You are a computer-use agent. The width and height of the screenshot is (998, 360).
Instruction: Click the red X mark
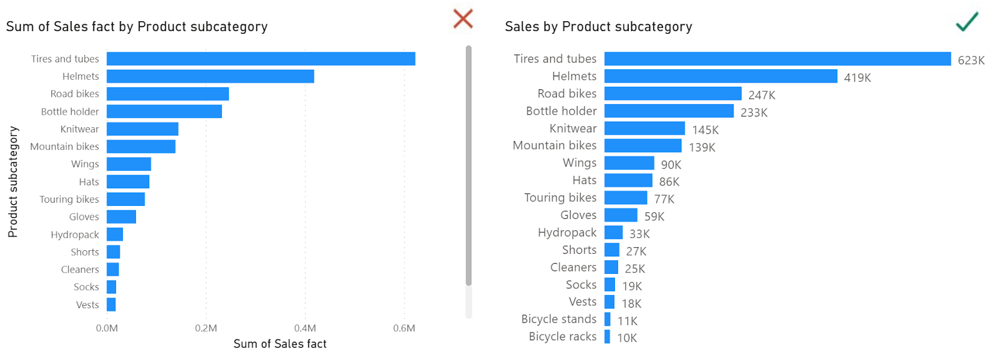[463, 19]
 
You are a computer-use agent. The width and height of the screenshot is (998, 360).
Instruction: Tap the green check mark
[967, 21]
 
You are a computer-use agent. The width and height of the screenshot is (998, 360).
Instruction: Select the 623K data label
[971, 61]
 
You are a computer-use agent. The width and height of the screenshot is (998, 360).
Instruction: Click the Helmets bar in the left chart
[210, 76]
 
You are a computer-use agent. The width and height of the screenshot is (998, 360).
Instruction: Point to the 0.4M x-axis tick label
[305, 328]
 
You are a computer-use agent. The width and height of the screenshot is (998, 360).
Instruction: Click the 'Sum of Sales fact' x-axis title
[279, 344]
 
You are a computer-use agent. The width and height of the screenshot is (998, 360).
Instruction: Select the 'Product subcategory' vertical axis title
[13, 182]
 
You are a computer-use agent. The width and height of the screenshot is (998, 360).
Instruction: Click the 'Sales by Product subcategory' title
[598, 27]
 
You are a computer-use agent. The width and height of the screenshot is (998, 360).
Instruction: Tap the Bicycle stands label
[559, 319]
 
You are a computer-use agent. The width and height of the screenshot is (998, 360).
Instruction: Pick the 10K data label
[627, 338]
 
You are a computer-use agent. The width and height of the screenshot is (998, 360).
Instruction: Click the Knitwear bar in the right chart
[644, 129]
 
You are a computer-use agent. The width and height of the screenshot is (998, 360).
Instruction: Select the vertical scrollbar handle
[468, 165]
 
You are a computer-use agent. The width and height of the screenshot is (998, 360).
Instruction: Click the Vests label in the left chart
[87, 305]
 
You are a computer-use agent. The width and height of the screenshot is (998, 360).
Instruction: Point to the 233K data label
[754, 113]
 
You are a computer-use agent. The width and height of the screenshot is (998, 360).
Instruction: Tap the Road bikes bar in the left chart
[168, 94]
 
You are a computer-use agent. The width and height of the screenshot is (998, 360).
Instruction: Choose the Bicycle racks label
[563, 336]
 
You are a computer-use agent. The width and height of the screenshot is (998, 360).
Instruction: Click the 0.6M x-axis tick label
[404, 328]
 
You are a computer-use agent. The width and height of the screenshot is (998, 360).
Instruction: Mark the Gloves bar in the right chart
[621, 215]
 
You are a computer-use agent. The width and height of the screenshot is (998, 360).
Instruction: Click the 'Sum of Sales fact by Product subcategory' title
[137, 27]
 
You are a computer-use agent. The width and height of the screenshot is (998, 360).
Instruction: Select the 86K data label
[669, 182]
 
